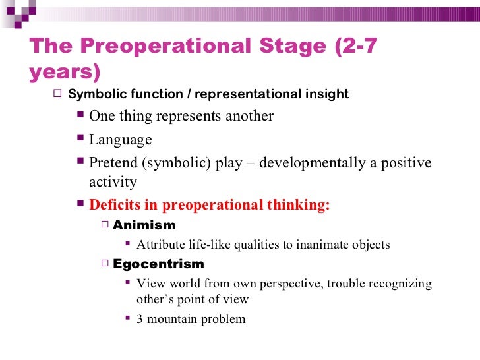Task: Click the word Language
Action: click(x=120, y=140)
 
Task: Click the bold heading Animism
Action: click(x=144, y=225)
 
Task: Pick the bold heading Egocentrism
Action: click(x=158, y=264)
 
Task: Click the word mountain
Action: click(x=174, y=319)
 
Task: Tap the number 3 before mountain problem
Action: click(x=140, y=319)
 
